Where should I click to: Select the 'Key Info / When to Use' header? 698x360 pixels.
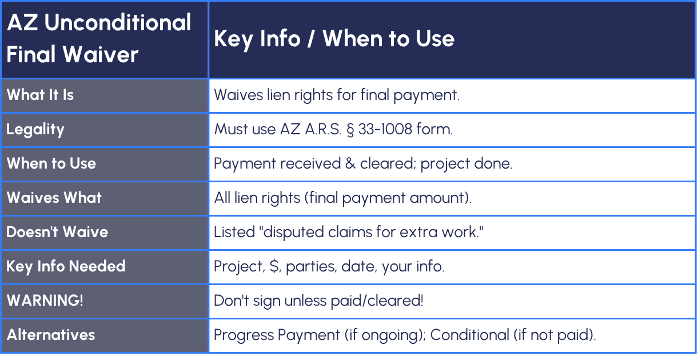pos(334,39)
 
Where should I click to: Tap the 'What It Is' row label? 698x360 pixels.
pos(40,95)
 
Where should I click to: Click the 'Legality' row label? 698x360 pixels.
pos(35,130)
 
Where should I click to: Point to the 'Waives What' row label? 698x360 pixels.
pos(54,198)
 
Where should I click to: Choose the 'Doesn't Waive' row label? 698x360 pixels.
pos(57,231)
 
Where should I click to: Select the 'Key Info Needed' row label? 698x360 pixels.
pos(66,267)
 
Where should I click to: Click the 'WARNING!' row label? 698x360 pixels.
pos(45,300)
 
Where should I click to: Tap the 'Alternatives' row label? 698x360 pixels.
pos(51,335)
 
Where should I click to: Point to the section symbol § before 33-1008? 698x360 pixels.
pos(350,130)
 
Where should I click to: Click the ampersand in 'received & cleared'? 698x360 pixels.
pos(350,163)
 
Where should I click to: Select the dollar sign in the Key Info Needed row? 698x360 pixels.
pos(274,266)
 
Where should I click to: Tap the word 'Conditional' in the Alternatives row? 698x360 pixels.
pos(469,335)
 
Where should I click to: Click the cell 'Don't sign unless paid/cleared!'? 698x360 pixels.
pos(318,301)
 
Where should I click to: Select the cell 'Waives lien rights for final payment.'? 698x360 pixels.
pos(337,95)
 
